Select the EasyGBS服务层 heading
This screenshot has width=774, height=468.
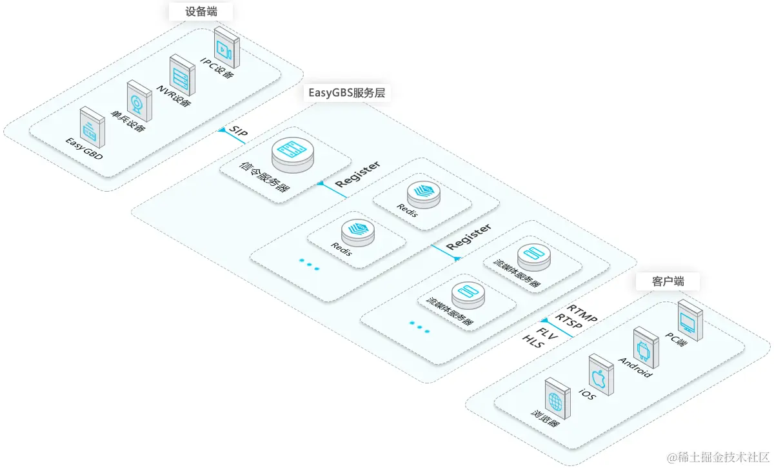(x=346, y=92)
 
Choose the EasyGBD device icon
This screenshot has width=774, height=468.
(x=92, y=128)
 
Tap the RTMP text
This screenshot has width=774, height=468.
(x=582, y=312)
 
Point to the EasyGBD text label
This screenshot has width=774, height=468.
(x=84, y=149)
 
